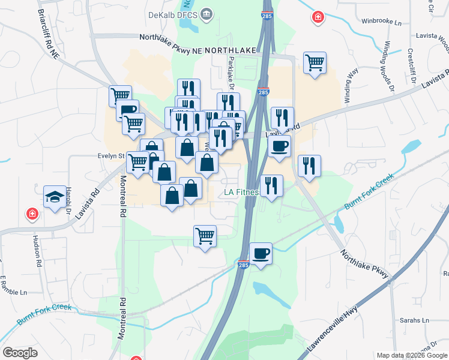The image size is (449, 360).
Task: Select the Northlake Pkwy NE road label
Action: pos(170,37)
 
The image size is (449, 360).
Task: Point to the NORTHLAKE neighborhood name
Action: pos(231,52)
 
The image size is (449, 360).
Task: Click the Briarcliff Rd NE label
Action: pos(49,34)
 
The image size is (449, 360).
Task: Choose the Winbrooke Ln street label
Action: pos(381,22)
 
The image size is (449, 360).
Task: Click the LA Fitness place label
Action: pos(241,193)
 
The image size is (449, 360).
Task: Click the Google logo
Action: pos(20,353)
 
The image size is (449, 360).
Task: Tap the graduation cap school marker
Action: pos(55,196)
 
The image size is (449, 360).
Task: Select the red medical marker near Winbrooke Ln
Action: pos(317,18)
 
